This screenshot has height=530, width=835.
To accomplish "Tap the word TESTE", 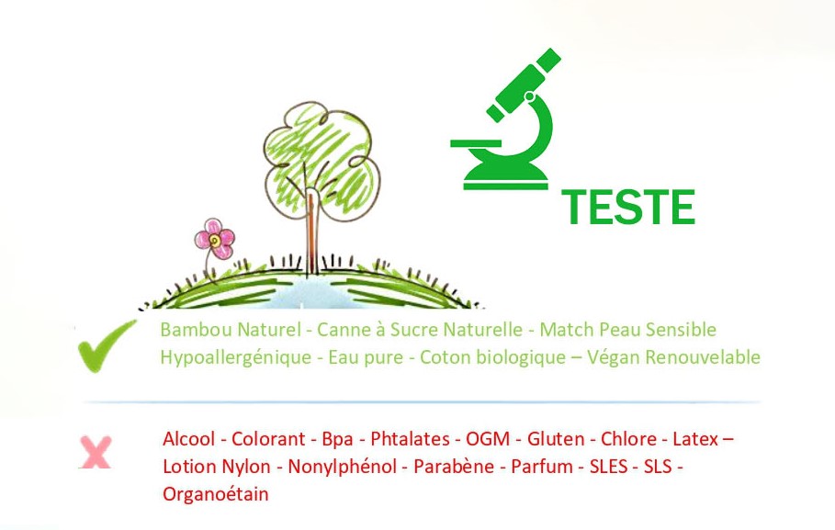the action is (628, 208).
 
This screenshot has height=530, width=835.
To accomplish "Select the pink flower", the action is (215, 239).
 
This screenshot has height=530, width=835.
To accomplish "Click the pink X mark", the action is (96, 452).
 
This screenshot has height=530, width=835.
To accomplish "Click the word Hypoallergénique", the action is (236, 357).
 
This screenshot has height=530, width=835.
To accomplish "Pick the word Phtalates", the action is (410, 439).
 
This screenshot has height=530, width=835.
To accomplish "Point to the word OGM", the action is (488, 439).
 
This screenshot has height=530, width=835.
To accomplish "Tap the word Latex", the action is (695, 439).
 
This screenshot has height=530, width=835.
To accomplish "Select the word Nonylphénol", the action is (343, 467).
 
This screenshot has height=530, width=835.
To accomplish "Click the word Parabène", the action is (454, 467).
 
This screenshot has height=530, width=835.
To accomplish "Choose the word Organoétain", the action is (216, 494).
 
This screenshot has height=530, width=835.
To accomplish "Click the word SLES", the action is (608, 467).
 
